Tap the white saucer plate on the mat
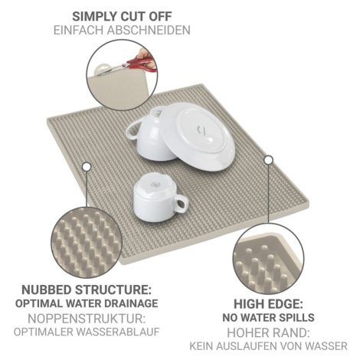click(x=197, y=136)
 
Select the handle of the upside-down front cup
click(x=181, y=204)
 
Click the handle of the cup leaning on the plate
click(x=133, y=129)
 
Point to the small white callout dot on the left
click(x=87, y=167)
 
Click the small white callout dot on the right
click(x=268, y=160)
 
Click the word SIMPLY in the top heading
click(x=94, y=17)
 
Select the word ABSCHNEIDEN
click(x=149, y=30)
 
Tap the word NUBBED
click(x=47, y=290)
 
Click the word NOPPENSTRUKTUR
click(x=87, y=319)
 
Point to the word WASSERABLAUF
click(x=118, y=332)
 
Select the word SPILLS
click(x=297, y=317)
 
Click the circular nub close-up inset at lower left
click(x=87, y=242)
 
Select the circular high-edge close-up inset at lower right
click(x=268, y=259)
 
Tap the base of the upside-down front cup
click(x=152, y=183)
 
